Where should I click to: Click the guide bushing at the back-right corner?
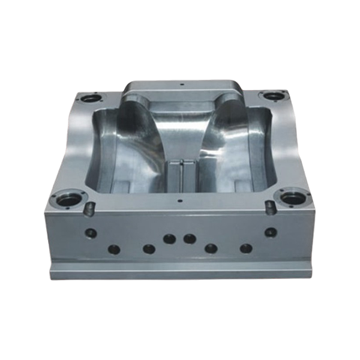tap(272, 96)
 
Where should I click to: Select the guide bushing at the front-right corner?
tap(292, 197)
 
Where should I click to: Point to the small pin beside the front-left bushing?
tap(90, 208)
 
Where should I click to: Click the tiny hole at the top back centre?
tap(181, 85)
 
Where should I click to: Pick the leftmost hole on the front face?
tap(91, 233)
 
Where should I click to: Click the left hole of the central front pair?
tap(170, 239)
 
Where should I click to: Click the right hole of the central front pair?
tap(190, 239)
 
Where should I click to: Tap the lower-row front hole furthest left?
tap(113, 248)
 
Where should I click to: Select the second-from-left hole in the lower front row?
tap(149, 248)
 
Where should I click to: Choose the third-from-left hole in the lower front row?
tap(211, 248)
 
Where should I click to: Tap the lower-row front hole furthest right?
tap(246, 247)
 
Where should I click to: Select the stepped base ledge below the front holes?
tap(180, 273)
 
